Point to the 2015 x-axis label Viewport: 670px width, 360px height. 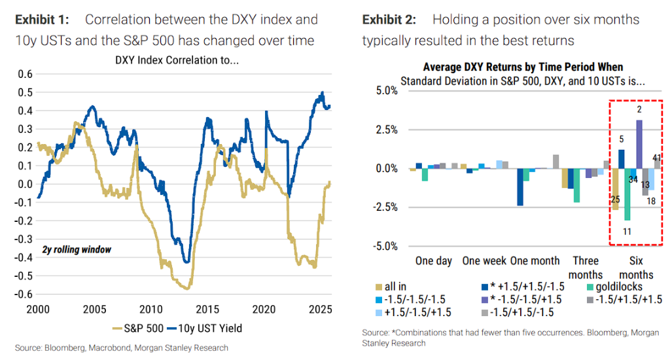pyautogui.click(x=208, y=308)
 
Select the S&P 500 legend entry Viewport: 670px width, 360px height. pyautogui.click(x=143, y=328)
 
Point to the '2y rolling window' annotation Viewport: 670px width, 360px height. pyautogui.click(x=77, y=249)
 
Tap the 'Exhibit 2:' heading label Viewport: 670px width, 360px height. pyautogui.click(x=391, y=20)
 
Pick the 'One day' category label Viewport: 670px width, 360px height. pyautogui.click(x=434, y=261)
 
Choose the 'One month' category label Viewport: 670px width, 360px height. pyautogui.click(x=535, y=261)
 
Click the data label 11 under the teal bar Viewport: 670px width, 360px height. pyautogui.click(x=627, y=230)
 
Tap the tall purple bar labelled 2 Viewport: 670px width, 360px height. pyautogui.click(x=639, y=144)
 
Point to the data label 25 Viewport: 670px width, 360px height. pyautogui.click(x=615, y=198)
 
